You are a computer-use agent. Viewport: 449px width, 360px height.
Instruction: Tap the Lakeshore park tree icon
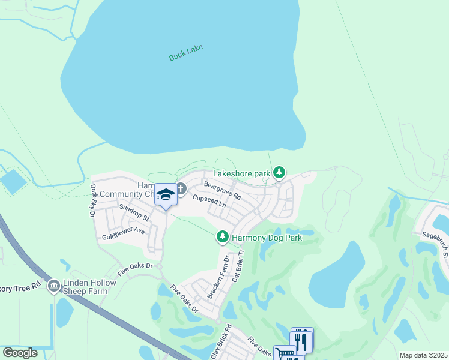click(279, 173)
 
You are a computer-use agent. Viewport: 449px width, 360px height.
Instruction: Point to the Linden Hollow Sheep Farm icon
click(54, 286)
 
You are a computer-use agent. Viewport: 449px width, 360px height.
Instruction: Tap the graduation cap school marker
click(165, 195)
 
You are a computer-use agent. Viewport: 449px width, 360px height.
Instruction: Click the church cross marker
click(181, 190)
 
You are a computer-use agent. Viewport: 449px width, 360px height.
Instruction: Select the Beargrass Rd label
click(222, 191)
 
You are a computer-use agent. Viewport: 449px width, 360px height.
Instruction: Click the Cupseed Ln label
click(209, 201)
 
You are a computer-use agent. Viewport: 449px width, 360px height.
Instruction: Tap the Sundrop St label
click(133, 212)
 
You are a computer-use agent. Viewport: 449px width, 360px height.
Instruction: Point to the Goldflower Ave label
click(124, 230)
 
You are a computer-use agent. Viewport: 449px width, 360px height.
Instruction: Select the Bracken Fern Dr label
click(218, 277)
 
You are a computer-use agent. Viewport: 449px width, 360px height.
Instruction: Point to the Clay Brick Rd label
click(220, 342)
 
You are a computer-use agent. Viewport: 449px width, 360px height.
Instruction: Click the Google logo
click(20, 353)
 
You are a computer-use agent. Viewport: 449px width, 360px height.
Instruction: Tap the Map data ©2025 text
click(423, 355)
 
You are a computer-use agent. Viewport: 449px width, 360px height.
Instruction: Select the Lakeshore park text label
click(242, 173)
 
